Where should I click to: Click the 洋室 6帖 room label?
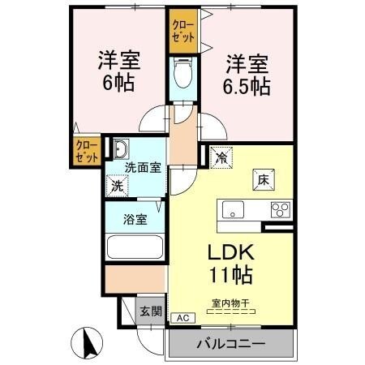tap(119, 71)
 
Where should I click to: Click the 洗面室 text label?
tap(142, 168)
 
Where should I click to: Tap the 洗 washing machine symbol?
tap(118, 185)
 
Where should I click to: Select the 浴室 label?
tap(135, 219)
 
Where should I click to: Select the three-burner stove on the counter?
tap(280, 209)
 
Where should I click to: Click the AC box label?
tap(182, 318)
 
